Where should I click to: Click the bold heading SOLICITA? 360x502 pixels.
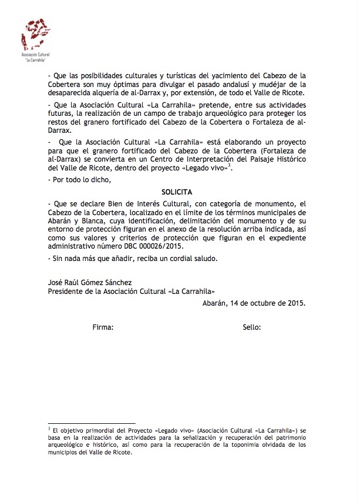click(177, 192)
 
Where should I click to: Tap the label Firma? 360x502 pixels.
click(103, 326)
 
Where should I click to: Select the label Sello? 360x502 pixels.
click(252, 326)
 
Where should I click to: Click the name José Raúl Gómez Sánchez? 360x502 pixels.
click(89, 282)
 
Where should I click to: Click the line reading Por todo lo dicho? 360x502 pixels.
click(78, 179)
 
